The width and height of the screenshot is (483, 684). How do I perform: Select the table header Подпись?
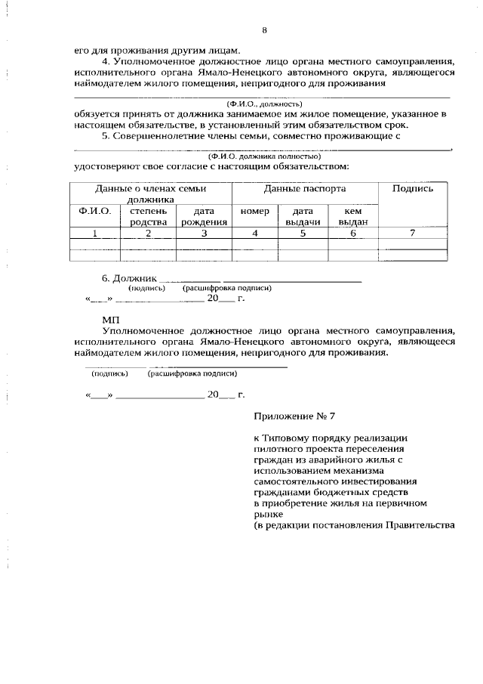click(x=412, y=189)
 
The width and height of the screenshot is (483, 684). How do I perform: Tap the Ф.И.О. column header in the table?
click(x=94, y=212)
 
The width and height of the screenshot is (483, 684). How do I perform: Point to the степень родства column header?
click(x=147, y=217)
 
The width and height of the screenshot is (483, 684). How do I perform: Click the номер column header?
click(x=254, y=212)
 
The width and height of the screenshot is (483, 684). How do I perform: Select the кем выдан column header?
click(x=352, y=217)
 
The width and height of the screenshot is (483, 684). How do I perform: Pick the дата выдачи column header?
click(x=303, y=217)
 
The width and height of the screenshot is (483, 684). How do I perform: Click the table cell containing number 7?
click(x=412, y=234)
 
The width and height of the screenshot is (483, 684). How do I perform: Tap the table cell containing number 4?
click(x=254, y=234)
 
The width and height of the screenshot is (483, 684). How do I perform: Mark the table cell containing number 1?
click(x=94, y=234)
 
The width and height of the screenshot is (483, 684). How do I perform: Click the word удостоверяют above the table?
click(x=109, y=166)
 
